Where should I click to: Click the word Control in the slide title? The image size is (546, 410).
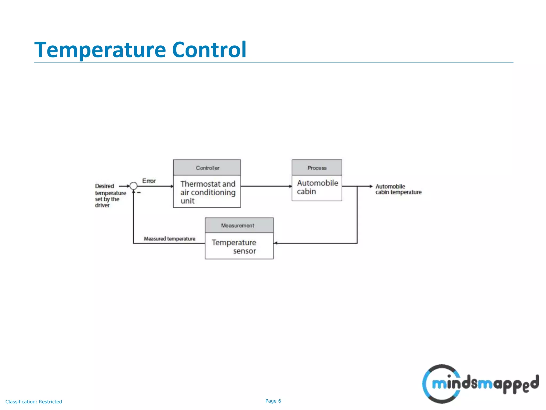[x=209, y=50]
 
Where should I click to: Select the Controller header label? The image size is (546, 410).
[x=207, y=168]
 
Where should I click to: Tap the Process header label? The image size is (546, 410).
[x=317, y=168]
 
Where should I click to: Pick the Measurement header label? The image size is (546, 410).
[x=237, y=226]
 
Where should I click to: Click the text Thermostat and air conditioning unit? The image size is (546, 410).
[x=208, y=192]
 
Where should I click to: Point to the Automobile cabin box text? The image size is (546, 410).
[x=317, y=187]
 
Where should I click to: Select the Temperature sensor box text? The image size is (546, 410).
[x=234, y=246]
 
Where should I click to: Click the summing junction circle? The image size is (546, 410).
[x=133, y=186]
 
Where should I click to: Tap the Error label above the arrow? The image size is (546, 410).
[x=149, y=181]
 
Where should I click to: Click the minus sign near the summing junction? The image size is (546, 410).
[x=139, y=192]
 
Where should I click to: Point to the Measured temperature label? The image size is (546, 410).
[x=170, y=239]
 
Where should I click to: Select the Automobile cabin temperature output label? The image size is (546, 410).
[x=398, y=189]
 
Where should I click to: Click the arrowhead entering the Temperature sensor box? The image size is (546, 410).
[x=276, y=243]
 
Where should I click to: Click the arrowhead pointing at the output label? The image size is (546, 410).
[x=371, y=186]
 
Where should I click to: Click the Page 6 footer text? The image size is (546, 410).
[x=273, y=401]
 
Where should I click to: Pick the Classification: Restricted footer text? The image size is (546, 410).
[x=34, y=402]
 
